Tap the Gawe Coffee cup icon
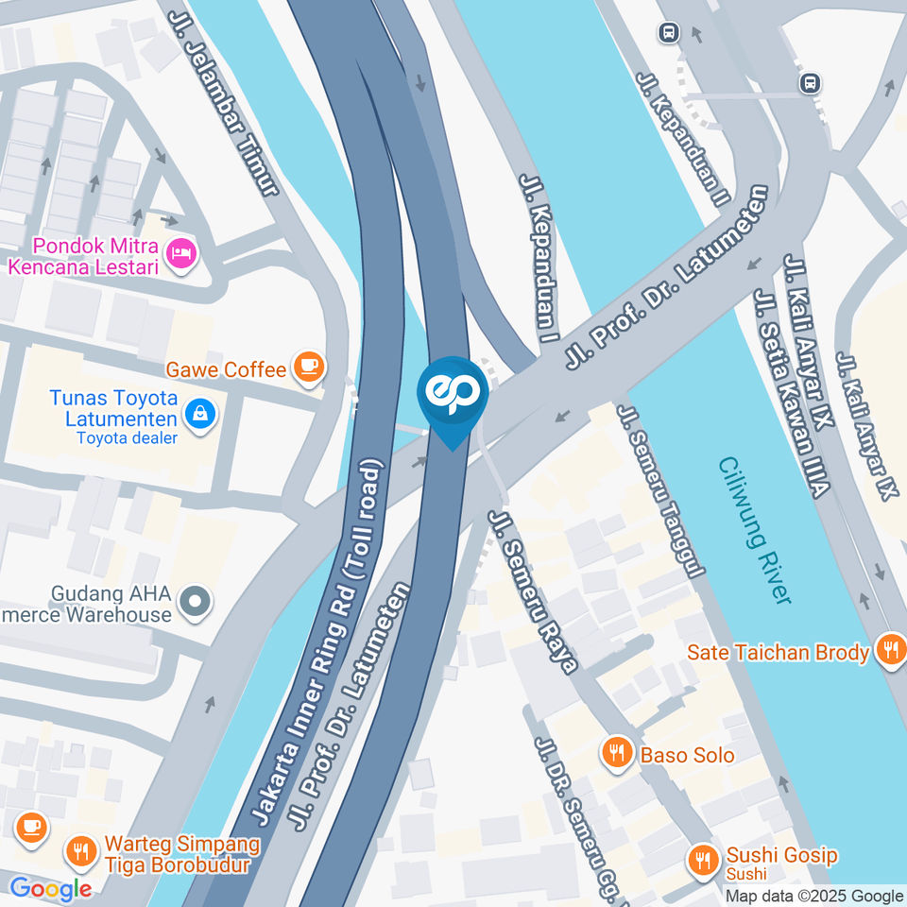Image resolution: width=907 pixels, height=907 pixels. [308, 367]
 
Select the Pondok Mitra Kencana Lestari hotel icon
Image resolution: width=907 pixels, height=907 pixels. [180, 252]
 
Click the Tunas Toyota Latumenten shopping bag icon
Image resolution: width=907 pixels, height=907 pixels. [199, 412]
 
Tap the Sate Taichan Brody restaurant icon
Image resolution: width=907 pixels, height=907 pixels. [889, 650]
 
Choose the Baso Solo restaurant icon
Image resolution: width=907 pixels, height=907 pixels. [617, 754]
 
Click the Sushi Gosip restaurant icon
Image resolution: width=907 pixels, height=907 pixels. [702, 861]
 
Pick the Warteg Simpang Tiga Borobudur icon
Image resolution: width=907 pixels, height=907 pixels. [80, 852]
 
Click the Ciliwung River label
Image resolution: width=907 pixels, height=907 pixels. [754, 531]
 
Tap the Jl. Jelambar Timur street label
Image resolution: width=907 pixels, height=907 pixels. [224, 105]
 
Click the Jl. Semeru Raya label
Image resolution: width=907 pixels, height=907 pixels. [532, 591]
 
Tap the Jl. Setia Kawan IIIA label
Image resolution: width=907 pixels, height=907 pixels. [792, 394]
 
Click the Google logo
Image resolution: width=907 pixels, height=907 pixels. [50, 888]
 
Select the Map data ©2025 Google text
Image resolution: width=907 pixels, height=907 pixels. [813, 896]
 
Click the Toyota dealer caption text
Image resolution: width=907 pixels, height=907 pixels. [127, 437]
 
